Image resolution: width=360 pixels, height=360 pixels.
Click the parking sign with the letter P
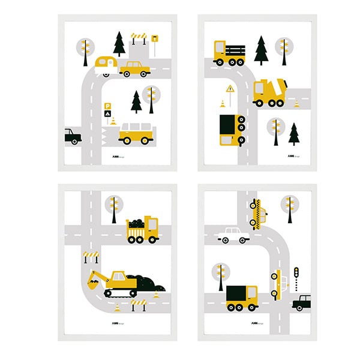(107, 106)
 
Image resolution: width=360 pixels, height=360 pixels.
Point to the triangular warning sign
(230, 89)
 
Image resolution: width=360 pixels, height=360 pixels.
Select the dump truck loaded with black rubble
(142, 230)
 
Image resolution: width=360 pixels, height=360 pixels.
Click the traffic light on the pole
(295, 273)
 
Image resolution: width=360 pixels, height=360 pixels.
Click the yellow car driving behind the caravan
(134, 70)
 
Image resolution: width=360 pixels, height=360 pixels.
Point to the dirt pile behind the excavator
(145, 280)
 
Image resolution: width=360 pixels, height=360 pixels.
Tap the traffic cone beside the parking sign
(113, 121)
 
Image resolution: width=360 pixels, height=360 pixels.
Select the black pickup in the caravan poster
(72, 136)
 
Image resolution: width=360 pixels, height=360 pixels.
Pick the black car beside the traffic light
(302, 302)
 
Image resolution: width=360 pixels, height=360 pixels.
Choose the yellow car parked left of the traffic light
(277, 284)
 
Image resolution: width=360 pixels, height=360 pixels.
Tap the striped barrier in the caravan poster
(139, 37)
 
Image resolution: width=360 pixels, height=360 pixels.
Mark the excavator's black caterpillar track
(121, 292)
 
